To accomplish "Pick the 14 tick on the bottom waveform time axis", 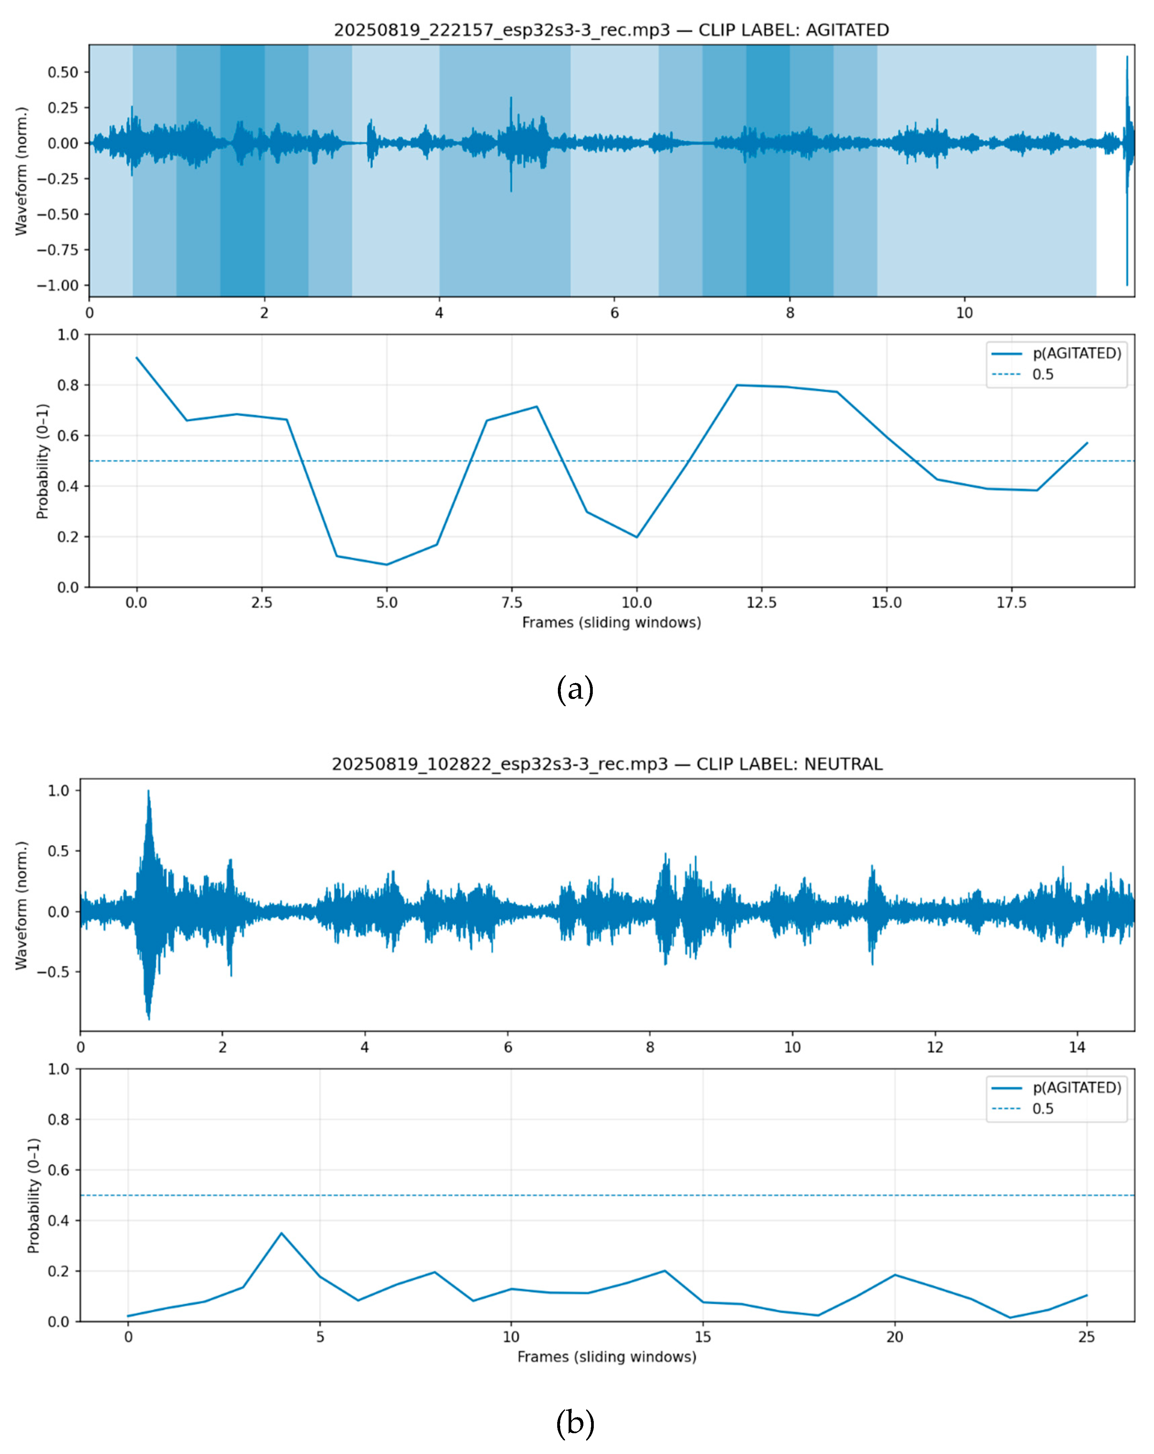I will click(1077, 1047).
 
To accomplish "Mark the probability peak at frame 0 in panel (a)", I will click(137, 358).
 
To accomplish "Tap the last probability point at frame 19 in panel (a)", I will click(1087, 443).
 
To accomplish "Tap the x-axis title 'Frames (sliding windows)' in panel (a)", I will click(611, 622).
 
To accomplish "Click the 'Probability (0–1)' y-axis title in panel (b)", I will click(34, 1196).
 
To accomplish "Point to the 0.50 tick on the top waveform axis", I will click(63, 72).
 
